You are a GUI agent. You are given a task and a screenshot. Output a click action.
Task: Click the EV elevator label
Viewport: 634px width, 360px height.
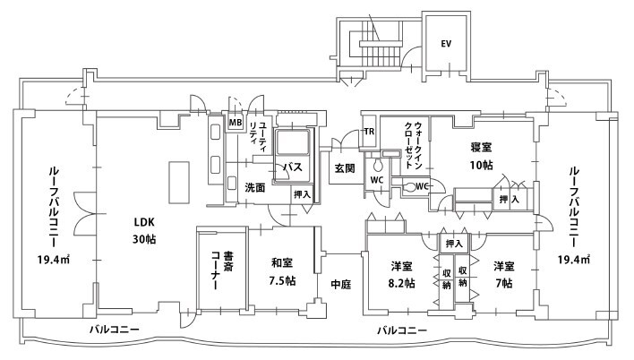[x=445, y=43]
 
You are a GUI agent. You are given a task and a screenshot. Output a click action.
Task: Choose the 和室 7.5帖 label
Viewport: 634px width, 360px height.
[x=283, y=271]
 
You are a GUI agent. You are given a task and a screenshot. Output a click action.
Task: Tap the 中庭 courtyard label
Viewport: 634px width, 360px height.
[x=340, y=285]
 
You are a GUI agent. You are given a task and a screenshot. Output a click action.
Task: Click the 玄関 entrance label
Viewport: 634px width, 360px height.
[x=346, y=167]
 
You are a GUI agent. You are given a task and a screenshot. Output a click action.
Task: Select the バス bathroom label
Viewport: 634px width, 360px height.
[x=292, y=167]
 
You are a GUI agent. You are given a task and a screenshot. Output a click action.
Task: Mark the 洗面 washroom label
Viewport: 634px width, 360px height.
[x=254, y=188]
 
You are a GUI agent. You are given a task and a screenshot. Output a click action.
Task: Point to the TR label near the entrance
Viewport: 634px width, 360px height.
[x=368, y=133]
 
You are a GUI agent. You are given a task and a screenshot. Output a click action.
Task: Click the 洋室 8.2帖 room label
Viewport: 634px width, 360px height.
[x=402, y=274]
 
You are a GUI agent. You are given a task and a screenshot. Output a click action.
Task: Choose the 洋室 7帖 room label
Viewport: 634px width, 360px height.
[x=502, y=274]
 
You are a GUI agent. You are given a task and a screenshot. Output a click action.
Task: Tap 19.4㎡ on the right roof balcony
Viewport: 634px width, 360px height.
[x=573, y=260]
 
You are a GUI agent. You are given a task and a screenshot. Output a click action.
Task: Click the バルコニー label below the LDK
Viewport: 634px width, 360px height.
[x=114, y=330]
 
